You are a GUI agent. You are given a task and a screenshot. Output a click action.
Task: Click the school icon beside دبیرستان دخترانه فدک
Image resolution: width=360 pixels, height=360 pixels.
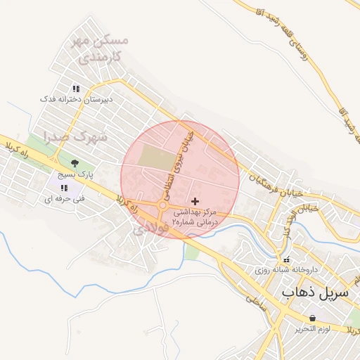[76, 89]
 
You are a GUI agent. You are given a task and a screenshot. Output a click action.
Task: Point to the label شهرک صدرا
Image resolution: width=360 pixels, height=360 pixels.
[75, 136]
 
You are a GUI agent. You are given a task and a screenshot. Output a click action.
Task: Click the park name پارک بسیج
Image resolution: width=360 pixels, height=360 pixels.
[75, 174]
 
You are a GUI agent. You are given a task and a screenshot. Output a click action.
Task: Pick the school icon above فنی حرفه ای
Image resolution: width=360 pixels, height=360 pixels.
[64, 188]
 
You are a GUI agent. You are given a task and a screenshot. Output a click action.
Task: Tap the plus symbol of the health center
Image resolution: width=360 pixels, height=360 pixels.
[195, 201]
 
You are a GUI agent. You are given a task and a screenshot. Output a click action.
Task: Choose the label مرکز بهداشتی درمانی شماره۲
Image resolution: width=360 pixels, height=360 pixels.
[197, 216]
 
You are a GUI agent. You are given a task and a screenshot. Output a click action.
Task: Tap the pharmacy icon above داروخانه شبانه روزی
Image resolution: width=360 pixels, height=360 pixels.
[285, 257]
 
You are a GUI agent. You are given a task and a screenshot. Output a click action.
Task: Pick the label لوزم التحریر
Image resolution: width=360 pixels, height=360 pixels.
[309, 329]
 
